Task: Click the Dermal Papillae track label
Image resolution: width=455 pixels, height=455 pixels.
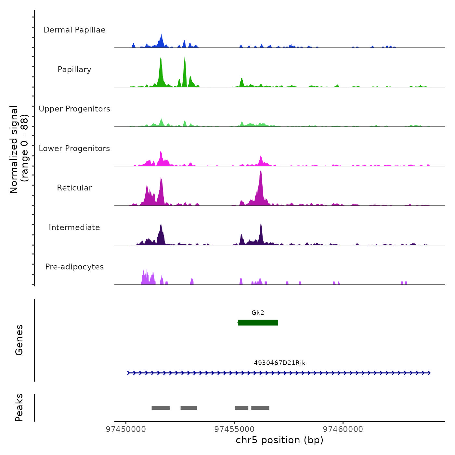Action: click(74, 30)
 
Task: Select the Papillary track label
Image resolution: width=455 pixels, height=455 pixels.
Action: click(74, 70)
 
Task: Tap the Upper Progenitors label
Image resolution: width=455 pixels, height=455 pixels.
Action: click(74, 109)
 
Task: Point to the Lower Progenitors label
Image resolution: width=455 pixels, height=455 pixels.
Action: click(74, 149)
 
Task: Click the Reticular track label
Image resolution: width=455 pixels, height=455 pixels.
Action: click(74, 188)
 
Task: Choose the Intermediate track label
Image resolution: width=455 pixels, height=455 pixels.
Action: click(74, 227)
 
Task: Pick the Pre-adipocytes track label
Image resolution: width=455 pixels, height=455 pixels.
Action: click(74, 267)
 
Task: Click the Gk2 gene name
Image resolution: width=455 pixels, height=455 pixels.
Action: click(258, 313)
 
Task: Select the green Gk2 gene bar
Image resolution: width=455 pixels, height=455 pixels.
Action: click(258, 322)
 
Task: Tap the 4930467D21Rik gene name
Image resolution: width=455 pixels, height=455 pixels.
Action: click(279, 363)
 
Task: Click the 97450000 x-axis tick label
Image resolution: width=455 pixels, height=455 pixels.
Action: click(126, 429)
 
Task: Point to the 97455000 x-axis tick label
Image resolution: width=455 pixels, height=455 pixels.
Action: click(235, 429)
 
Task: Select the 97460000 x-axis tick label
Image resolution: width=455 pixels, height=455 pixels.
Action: click(343, 429)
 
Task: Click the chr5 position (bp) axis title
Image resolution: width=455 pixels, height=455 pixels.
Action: click(279, 440)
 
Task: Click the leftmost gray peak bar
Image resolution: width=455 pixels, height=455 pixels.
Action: click(161, 408)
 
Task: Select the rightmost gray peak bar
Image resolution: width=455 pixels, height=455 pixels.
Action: click(260, 408)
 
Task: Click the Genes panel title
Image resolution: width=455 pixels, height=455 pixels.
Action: click(19, 340)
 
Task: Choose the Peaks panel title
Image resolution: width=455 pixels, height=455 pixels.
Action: click(19, 408)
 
